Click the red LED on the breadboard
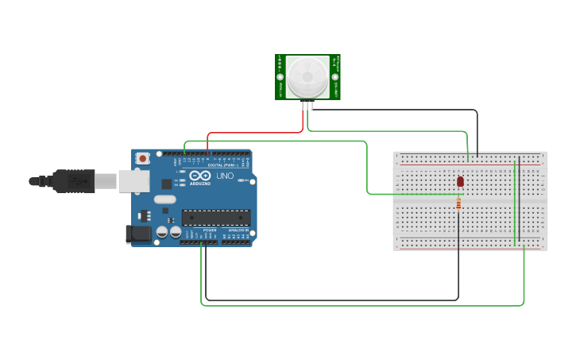pyautogui.click(x=460, y=182)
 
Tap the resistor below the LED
pyautogui.click(x=458, y=204)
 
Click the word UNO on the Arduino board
pyautogui.click(x=225, y=176)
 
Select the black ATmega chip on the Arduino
pyautogui.click(x=216, y=217)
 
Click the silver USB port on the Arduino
pyautogui.click(x=134, y=180)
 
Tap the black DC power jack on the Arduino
pyautogui.click(x=138, y=234)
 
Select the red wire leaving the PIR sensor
pyautogui.click(x=254, y=133)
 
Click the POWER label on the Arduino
pyautogui.click(x=210, y=230)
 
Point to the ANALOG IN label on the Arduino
pyautogui.click(x=238, y=230)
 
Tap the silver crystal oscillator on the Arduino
pyautogui.click(x=164, y=199)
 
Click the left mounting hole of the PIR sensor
pyautogui.click(x=280, y=77)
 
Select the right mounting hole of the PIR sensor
pyautogui.click(x=335, y=77)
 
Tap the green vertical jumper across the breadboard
pyautogui.click(x=516, y=199)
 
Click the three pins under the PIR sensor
pyautogui.click(x=307, y=104)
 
